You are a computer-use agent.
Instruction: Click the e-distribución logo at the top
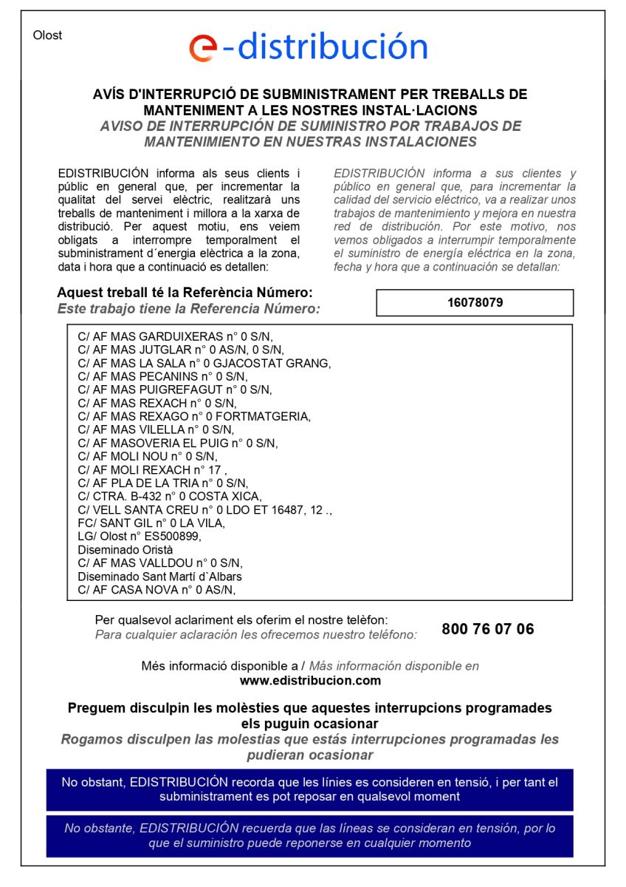point(309,47)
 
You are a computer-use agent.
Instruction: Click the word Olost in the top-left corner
point(48,35)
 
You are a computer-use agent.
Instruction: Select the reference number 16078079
point(475,302)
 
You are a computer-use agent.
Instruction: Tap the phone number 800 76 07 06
point(487,629)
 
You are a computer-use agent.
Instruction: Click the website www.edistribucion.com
point(310,681)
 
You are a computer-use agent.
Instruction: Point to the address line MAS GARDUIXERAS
point(174,336)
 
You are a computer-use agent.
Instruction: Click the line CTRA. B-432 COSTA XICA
point(170,496)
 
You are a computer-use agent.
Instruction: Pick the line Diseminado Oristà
point(125,550)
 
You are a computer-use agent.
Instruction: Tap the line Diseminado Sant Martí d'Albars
point(159,577)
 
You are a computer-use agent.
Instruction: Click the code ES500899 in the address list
point(170,536)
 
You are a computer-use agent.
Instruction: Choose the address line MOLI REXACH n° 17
point(151,469)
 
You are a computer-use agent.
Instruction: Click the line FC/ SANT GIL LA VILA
point(151,523)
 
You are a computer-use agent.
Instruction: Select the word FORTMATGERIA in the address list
point(272,416)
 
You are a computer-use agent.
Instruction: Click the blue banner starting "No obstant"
point(309,789)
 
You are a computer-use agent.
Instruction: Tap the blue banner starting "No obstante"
point(309,835)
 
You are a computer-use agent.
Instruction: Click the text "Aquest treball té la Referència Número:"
point(185,293)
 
